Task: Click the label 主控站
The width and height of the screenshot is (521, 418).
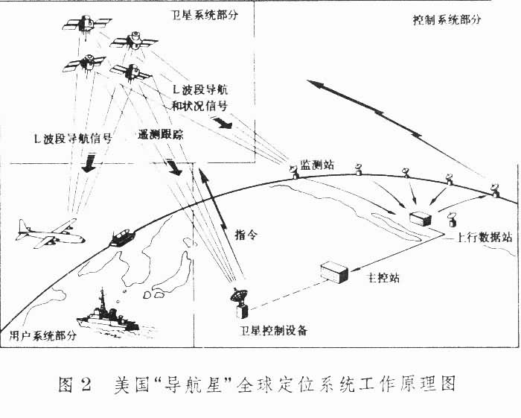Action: tap(384, 277)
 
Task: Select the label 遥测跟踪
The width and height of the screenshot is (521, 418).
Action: tap(161, 137)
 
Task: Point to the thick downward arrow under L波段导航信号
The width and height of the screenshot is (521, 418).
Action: tap(89, 162)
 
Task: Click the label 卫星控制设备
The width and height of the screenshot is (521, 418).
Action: tap(270, 329)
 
